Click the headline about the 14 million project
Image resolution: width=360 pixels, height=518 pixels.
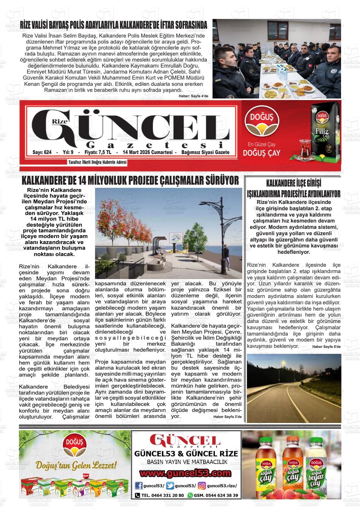130,181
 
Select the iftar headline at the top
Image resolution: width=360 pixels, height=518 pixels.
113,25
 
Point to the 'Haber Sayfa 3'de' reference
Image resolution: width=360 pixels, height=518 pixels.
227,417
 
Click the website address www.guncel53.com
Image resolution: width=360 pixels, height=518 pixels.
185,473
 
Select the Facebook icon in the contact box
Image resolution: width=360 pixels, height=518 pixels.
139,485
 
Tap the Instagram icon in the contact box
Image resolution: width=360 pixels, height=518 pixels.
202,485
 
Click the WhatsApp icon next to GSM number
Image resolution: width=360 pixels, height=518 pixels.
190,495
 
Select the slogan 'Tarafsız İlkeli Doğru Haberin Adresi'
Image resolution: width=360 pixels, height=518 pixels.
98,162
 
